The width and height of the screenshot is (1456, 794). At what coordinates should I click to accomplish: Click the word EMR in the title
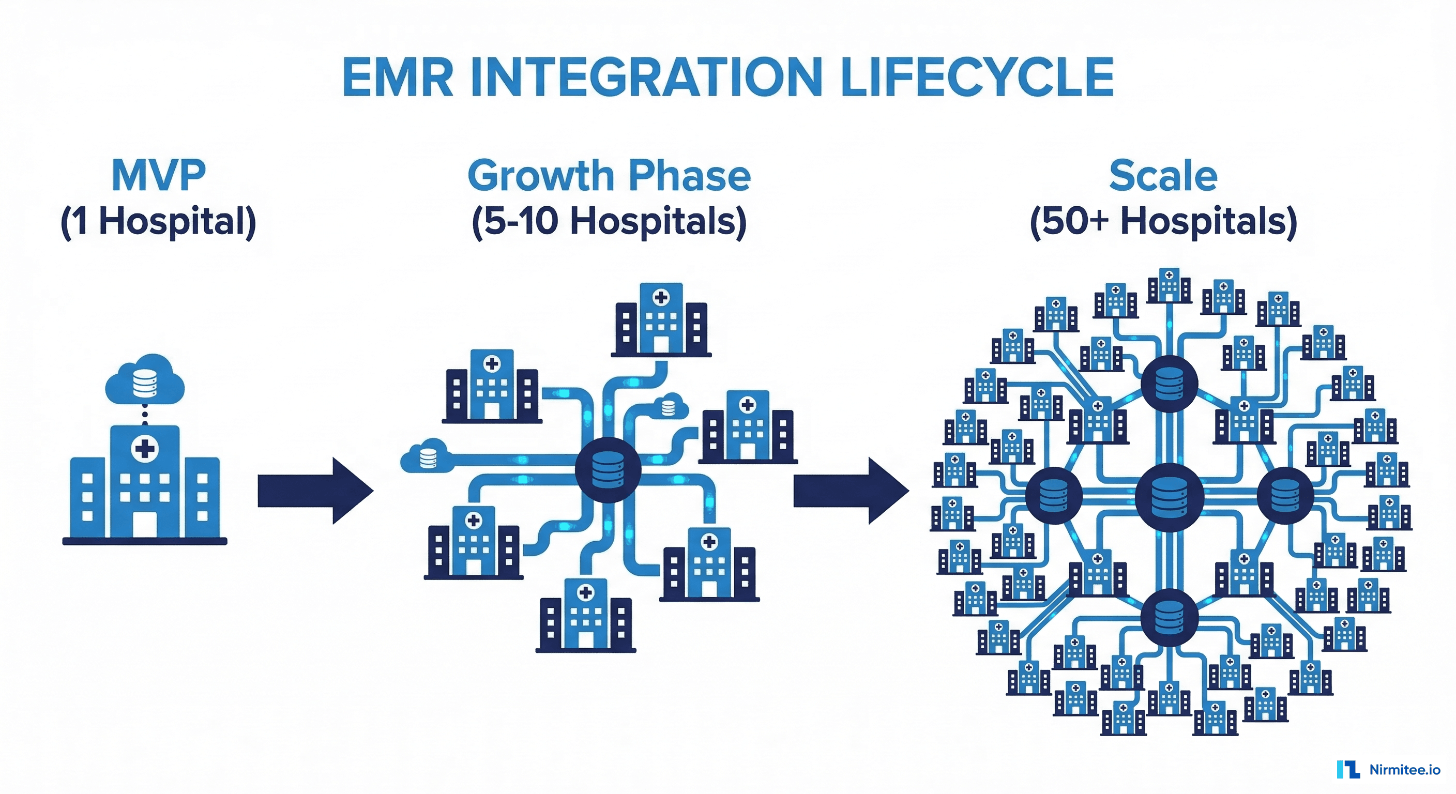coord(397,78)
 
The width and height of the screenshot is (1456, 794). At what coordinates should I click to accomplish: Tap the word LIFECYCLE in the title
coord(977,78)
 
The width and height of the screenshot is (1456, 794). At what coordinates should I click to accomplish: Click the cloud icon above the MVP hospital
coord(145,380)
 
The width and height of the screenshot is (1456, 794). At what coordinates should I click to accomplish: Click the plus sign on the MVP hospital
coord(145,449)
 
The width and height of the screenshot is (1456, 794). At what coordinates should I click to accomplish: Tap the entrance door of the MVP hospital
coord(145,525)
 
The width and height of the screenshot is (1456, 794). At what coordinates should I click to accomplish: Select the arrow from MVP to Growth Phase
coord(315,491)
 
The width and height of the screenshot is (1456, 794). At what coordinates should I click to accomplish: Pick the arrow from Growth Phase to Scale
coord(851,491)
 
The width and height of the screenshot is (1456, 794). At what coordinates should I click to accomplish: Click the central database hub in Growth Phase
coord(608,469)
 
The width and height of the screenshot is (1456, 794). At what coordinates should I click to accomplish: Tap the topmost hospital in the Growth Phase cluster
coord(661,320)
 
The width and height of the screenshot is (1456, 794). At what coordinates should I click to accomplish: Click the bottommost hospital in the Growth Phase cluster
coord(586,616)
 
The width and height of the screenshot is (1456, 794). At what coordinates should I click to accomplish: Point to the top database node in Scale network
coord(1169,384)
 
